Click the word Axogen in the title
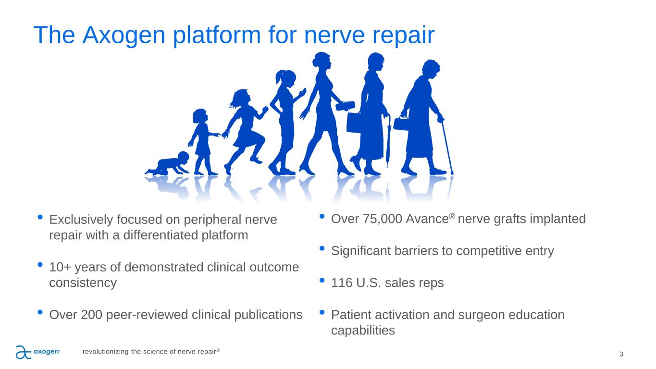124,35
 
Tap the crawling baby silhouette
168,163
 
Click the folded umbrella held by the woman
388,141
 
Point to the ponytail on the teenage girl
280,77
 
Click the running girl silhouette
245,132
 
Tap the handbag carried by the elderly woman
401,123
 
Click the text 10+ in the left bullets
60,267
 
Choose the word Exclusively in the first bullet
81,220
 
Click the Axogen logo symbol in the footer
24,352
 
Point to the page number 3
621,355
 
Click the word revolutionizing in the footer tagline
106,351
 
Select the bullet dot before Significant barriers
322,248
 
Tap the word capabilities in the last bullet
363,331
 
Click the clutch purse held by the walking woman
345,106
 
